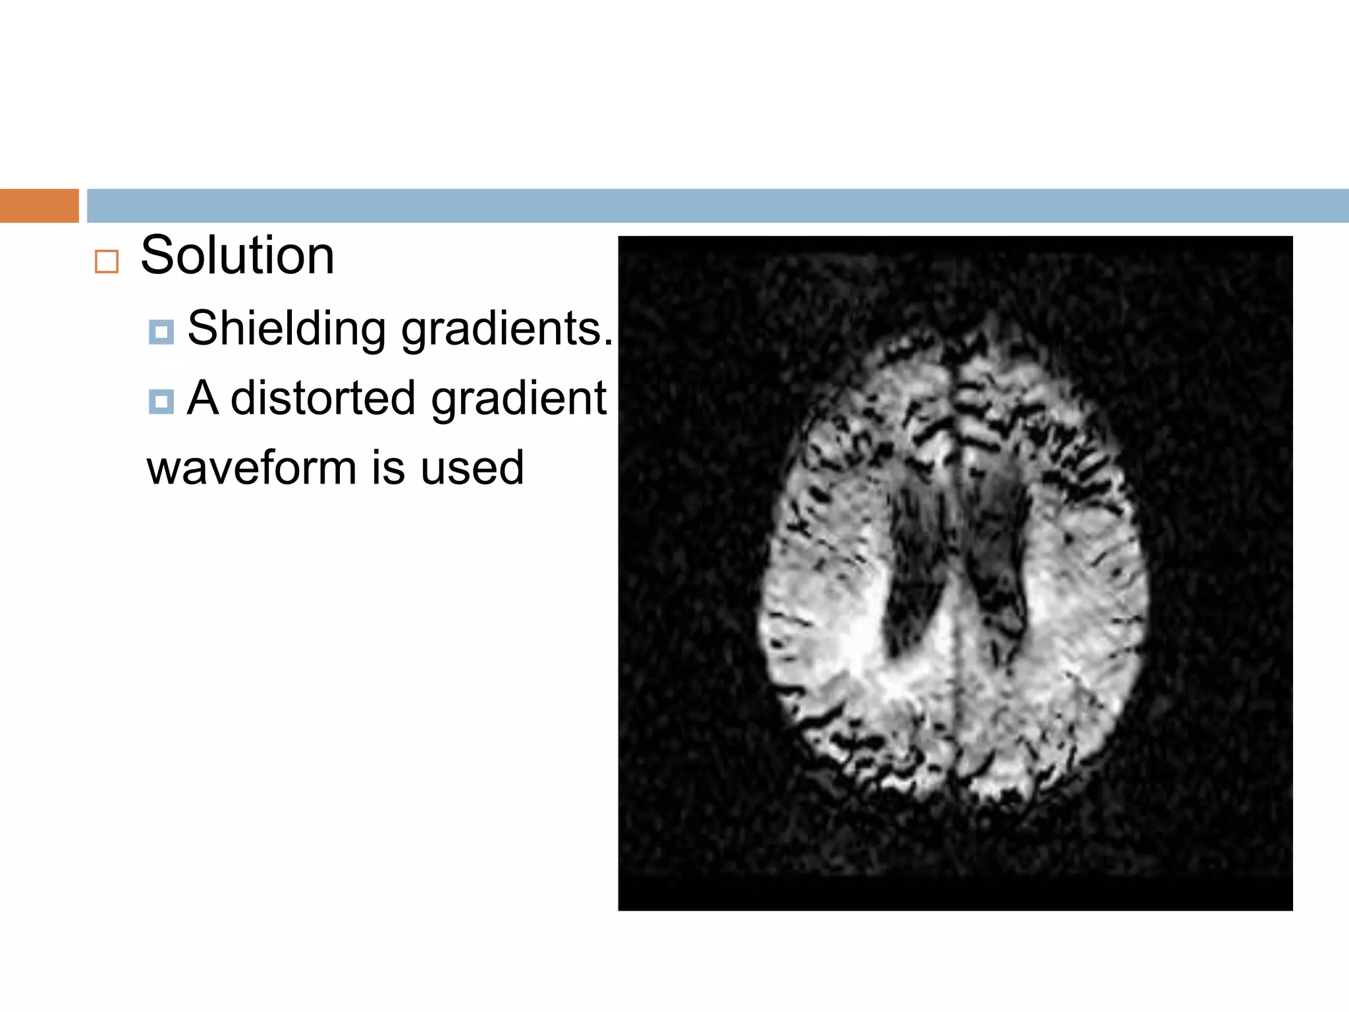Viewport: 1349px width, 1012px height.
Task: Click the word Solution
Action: coord(237,256)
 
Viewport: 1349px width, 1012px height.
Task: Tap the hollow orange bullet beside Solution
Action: coord(107,262)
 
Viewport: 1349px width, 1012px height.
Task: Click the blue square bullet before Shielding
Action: coord(161,332)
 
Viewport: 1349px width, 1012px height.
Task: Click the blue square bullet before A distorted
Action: coord(161,401)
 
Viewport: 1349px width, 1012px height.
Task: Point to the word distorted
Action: coord(323,398)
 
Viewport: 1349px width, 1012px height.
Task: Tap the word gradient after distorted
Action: coord(518,399)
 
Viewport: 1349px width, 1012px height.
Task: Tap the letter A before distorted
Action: coord(202,398)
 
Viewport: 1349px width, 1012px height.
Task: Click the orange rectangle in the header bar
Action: coord(39,206)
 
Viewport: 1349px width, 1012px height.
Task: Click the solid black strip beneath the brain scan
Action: coord(955,895)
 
